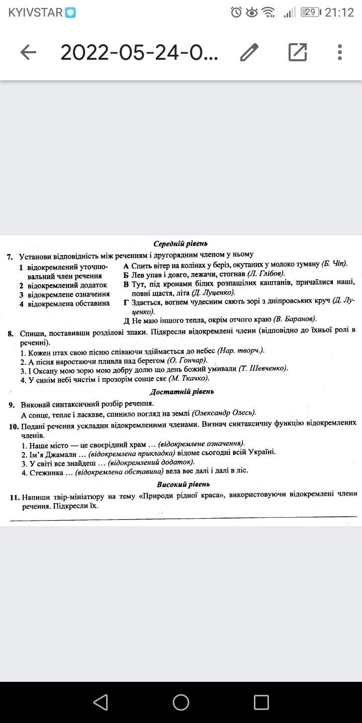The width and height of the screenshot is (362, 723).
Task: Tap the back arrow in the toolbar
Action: click(28, 52)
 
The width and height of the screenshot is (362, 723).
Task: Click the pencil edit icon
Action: click(249, 52)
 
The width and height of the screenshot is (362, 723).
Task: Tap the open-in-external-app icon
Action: click(298, 52)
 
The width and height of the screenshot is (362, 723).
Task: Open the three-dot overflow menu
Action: click(340, 52)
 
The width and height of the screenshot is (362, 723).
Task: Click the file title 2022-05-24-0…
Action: click(139, 52)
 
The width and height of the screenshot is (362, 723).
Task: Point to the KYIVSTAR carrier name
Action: click(36, 13)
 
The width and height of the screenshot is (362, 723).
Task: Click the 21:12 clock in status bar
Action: click(339, 13)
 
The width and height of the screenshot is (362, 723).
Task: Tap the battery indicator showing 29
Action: click(311, 13)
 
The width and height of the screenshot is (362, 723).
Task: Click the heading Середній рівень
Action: click(180, 244)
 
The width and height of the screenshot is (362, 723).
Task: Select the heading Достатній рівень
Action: click(182, 392)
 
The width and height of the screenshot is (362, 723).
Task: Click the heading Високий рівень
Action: click(183, 485)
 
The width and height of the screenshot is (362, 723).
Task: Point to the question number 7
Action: click(10, 256)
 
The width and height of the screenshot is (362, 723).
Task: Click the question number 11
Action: click(14, 497)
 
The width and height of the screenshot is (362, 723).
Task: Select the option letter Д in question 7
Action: click(127, 320)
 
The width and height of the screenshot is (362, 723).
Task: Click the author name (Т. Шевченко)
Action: click(263, 369)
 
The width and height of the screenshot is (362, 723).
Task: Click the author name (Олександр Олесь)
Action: click(224, 413)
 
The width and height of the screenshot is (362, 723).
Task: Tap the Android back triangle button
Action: click(101, 702)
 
